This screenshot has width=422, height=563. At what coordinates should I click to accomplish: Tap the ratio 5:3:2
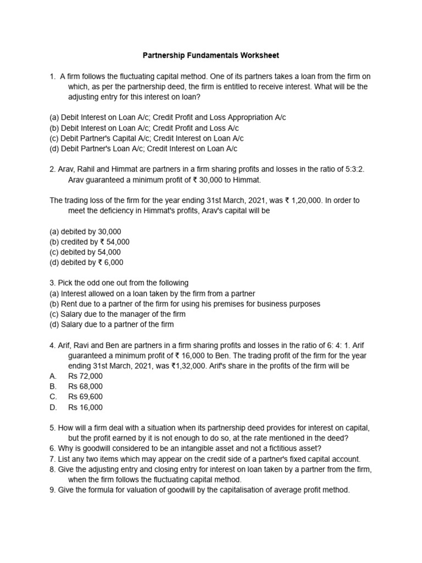(352, 169)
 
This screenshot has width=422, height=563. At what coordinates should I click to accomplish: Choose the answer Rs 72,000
(85, 376)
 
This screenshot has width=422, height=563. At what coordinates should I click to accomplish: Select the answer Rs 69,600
(85, 397)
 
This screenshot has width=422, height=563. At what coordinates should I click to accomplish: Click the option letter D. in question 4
(53, 407)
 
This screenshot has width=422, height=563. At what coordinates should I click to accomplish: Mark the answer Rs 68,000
(85, 387)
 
